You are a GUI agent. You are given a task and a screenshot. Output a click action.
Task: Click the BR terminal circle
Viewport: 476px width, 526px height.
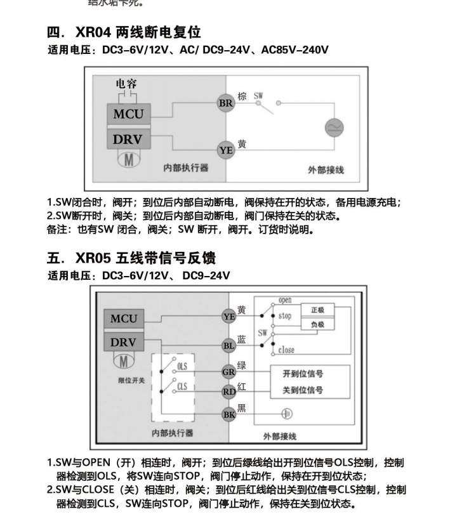tap(226, 103)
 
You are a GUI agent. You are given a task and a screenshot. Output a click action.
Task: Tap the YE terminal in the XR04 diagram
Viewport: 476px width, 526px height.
tap(226, 150)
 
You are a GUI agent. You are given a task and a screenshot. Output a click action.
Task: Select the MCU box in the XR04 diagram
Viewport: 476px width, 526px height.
tap(128, 115)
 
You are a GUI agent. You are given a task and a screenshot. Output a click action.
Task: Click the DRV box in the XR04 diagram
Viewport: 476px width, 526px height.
tap(128, 139)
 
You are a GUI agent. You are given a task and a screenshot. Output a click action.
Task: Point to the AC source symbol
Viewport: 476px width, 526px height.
tap(334, 128)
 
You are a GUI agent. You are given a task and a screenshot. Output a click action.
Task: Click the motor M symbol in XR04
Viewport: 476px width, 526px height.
tap(128, 159)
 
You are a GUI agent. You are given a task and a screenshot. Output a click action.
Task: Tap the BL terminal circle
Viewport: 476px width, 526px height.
tap(228, 346)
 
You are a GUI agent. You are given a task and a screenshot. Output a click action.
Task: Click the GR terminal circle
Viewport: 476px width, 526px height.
tap(228, 372)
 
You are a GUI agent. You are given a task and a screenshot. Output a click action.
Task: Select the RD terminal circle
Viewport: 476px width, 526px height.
tap(228, 391)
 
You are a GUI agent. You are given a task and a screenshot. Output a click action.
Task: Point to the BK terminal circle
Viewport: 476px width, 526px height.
tap(228, 414)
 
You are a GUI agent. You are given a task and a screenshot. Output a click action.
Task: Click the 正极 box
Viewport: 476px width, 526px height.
tap(317, 310)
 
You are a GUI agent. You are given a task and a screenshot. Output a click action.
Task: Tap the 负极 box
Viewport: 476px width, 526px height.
tap(317, 325)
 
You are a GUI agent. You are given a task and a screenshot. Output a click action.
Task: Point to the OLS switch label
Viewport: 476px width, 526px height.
tap(182, 367)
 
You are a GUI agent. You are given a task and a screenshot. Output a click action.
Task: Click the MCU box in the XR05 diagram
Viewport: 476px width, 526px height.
tap(124, 319)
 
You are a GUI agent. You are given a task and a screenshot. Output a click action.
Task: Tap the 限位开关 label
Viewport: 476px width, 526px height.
tap(131, 380)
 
